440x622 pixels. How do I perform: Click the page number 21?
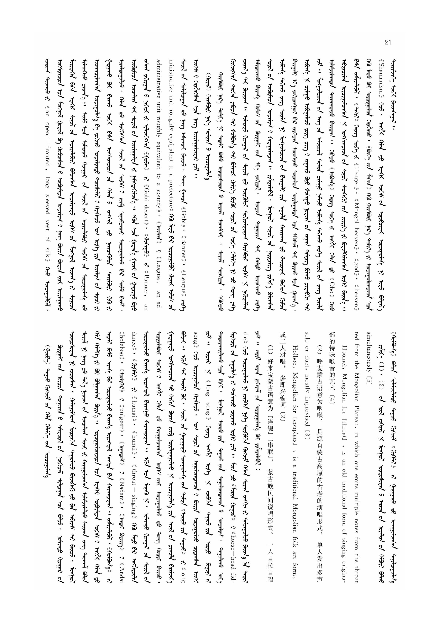point(388,43)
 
